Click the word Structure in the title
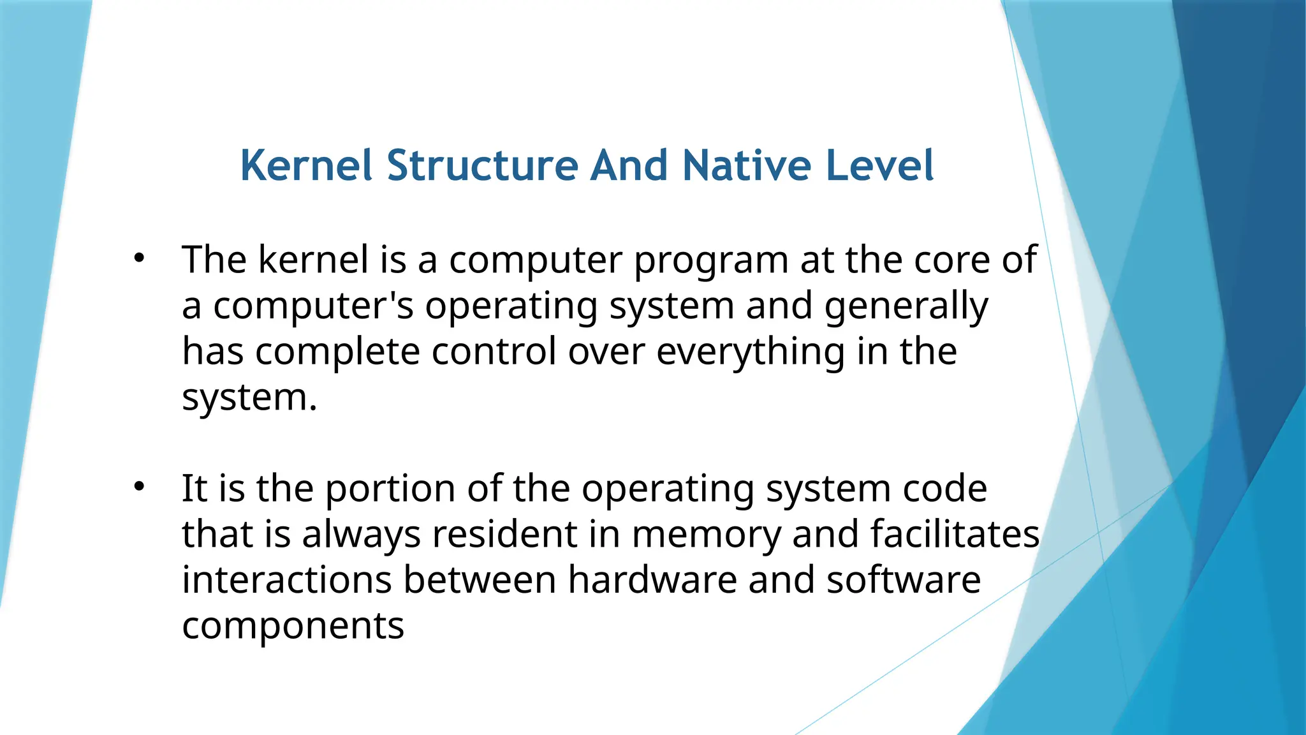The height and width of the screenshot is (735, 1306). tap(482, 166)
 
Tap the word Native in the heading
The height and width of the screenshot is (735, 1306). tap(746, 166)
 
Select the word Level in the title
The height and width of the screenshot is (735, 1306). tap(879, 166)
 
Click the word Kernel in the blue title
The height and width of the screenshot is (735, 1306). tap(306, 166)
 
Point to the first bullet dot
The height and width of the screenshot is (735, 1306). tap(140, 258)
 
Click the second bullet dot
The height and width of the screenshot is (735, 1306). tap(140, 487)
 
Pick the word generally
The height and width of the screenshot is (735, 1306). tap(906, 307)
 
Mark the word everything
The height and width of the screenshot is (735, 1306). tap(751, 352)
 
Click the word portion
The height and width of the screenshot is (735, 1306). tap(390, 490)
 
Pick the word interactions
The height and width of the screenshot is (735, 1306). tap(287, 580)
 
